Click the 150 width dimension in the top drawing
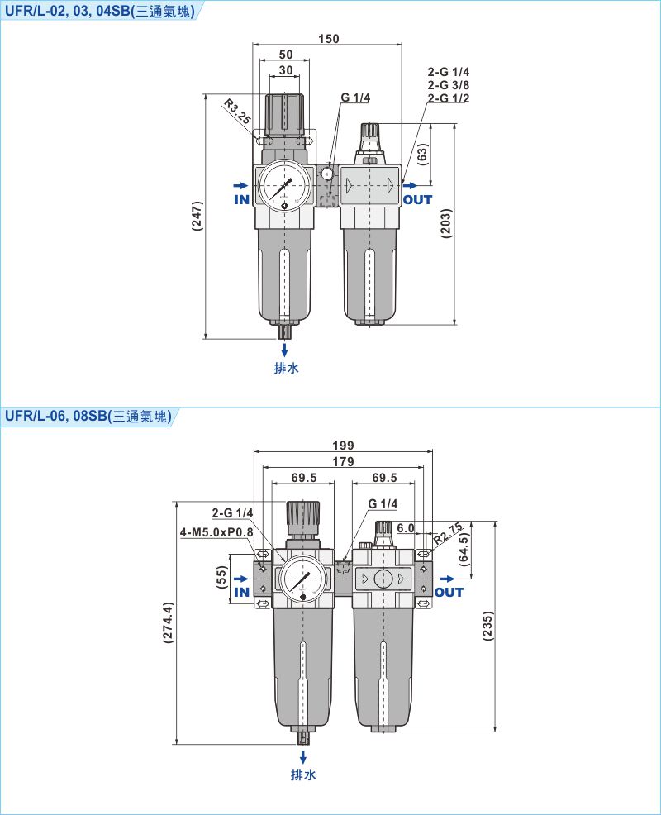pos(328,39)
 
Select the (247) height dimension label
pos(197,217)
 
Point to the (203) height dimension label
pos(445,223)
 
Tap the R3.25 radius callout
pos(238,111)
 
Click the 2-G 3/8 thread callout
pos(448,85)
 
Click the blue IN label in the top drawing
pos(241,199)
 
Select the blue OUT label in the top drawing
pos(417,199)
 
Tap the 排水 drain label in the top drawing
pos(286,368)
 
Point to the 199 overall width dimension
pos(344,446)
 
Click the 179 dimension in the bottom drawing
pos(344,461)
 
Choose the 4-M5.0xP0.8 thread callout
pos(216,531)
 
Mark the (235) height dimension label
pos(487,627)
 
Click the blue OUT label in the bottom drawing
pos(449,592)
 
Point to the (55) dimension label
pos(221,576)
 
